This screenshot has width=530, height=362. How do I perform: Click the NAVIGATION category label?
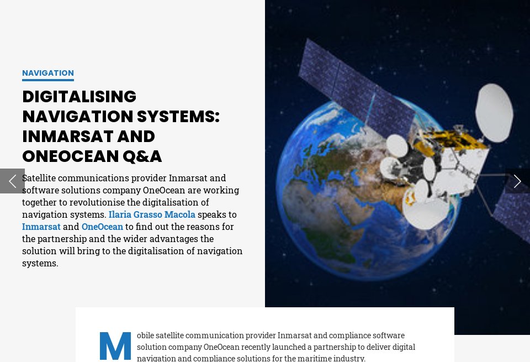click(48, 73)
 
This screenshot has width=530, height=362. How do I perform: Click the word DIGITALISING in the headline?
click(79, 97)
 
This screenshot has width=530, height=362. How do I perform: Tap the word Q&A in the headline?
click(142, 156)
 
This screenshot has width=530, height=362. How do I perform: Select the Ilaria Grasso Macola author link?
click(152, 214)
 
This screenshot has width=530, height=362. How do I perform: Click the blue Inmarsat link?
click(41, 227)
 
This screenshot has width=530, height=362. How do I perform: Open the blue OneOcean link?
click(102, 227)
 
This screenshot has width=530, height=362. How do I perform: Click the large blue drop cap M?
click(115, 346)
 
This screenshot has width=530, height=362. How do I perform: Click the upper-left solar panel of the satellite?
click(353, 83)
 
